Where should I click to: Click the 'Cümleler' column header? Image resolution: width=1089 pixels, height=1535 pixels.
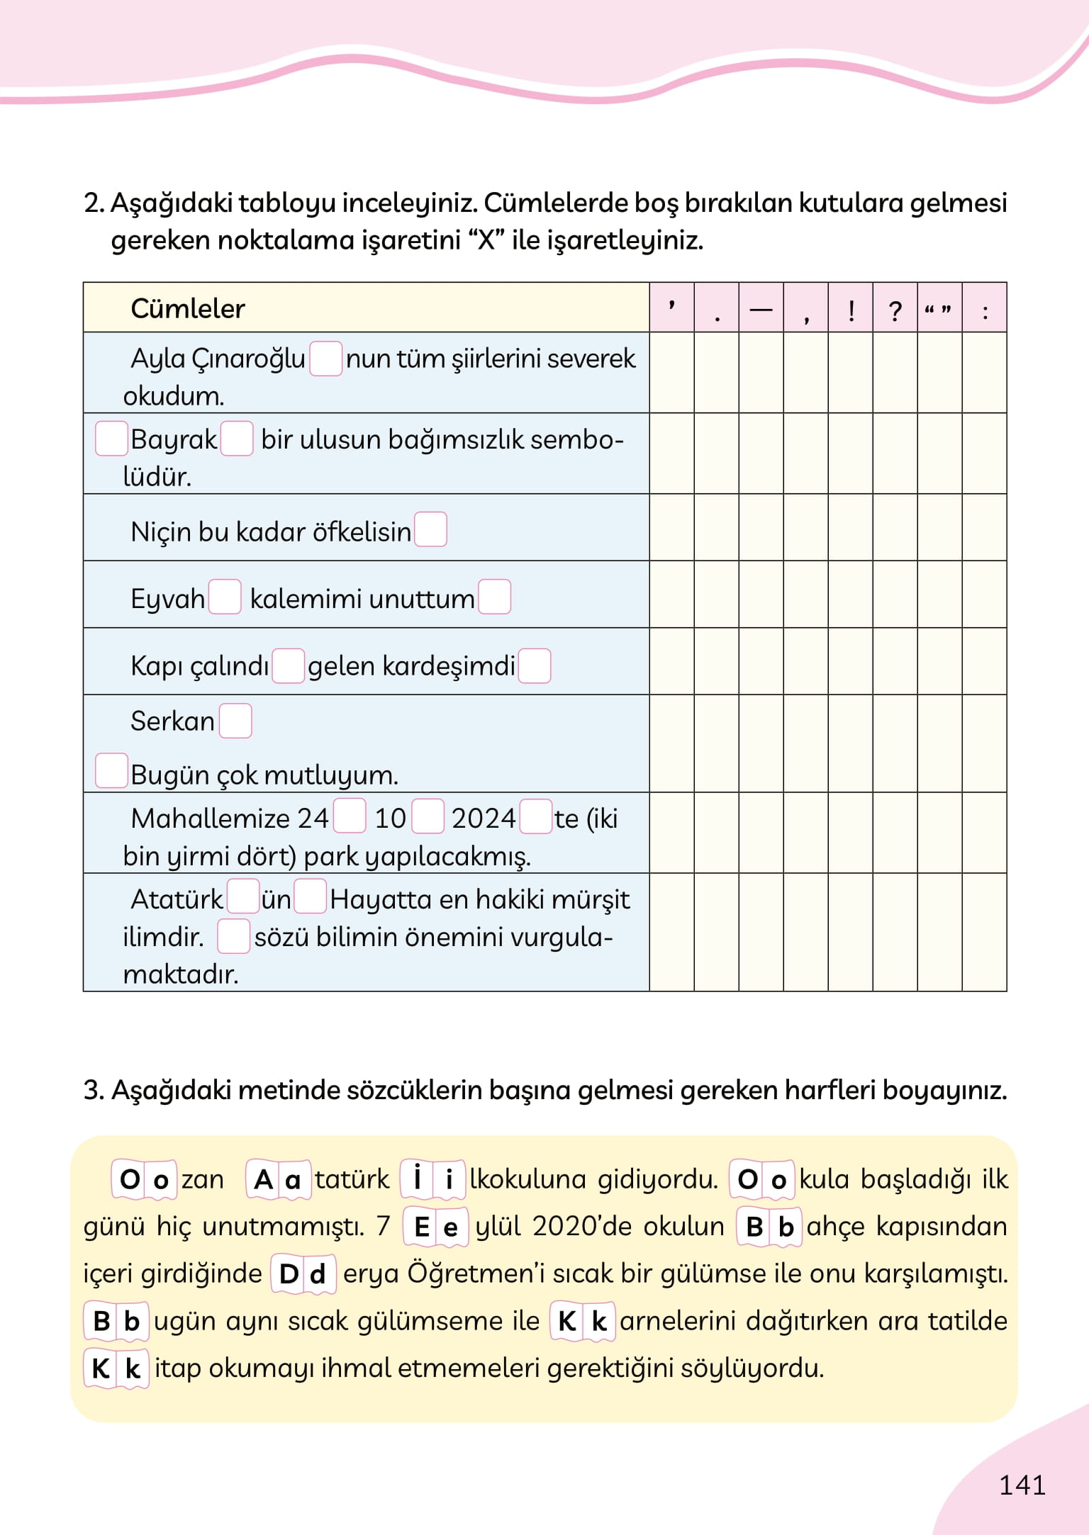point(188,308)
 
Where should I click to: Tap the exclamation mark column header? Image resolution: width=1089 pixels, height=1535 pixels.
point(851,310)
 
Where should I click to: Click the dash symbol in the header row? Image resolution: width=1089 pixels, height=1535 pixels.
point(761,310)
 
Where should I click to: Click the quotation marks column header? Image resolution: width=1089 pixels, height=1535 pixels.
point(939,310)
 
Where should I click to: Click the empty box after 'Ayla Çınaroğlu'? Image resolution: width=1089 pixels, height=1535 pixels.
point(325,358)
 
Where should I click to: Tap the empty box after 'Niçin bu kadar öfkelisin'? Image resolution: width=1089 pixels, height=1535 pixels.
point(430,529)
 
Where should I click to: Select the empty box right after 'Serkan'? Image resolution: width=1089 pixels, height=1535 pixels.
point(235,721)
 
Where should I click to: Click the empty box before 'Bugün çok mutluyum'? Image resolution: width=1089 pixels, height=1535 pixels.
point(111,770)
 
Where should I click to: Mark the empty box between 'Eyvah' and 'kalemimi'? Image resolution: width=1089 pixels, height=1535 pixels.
point(225,597)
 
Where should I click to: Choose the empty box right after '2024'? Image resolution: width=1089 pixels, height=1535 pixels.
point(535,816)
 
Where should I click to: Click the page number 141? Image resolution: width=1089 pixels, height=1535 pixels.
point(1022,1485)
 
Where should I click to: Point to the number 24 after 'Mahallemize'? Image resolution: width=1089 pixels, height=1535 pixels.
point(313,819)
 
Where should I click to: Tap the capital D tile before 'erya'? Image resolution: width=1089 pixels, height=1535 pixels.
point(289,1273)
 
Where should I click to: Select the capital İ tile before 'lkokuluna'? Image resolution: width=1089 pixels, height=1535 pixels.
point(418,1179)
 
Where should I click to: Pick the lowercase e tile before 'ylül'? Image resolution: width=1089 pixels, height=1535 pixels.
point(451,1227)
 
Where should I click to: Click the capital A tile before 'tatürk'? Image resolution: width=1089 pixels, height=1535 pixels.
point(263,1179)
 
